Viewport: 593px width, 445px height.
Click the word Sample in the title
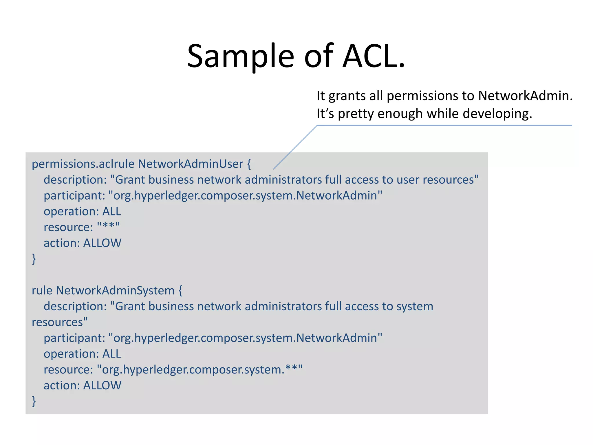(x=240, y=56)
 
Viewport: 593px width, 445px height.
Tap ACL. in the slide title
(x=374, y=56)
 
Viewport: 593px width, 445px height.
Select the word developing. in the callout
(x=497, y=114)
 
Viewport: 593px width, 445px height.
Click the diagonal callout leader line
(x=295, y=147)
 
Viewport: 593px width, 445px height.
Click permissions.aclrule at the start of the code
(x=83, y=164)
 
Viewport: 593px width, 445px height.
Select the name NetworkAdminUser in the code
(x=190, y=164)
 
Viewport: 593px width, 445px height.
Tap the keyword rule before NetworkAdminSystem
(x=42, y=291)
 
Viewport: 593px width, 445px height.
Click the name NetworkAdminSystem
(x=115, y=291)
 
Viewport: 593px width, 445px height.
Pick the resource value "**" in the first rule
(x=108, y=227)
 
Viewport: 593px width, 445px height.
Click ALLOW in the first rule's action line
(x=102, y=243)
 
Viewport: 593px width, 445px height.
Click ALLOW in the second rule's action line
(x=102, y=386)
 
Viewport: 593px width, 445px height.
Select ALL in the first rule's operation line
(x=111, y=211)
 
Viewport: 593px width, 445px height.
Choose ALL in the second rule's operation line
(x=111, y=354)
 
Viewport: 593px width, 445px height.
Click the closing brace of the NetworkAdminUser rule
(x=34, y=259)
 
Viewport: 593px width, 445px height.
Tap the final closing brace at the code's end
(x=34, y=401)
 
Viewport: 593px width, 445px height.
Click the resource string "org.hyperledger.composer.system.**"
(x=200, y=370)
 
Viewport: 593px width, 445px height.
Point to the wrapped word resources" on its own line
(x=60, y=322)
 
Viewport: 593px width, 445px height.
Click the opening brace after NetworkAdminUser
(x=249, y=164)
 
